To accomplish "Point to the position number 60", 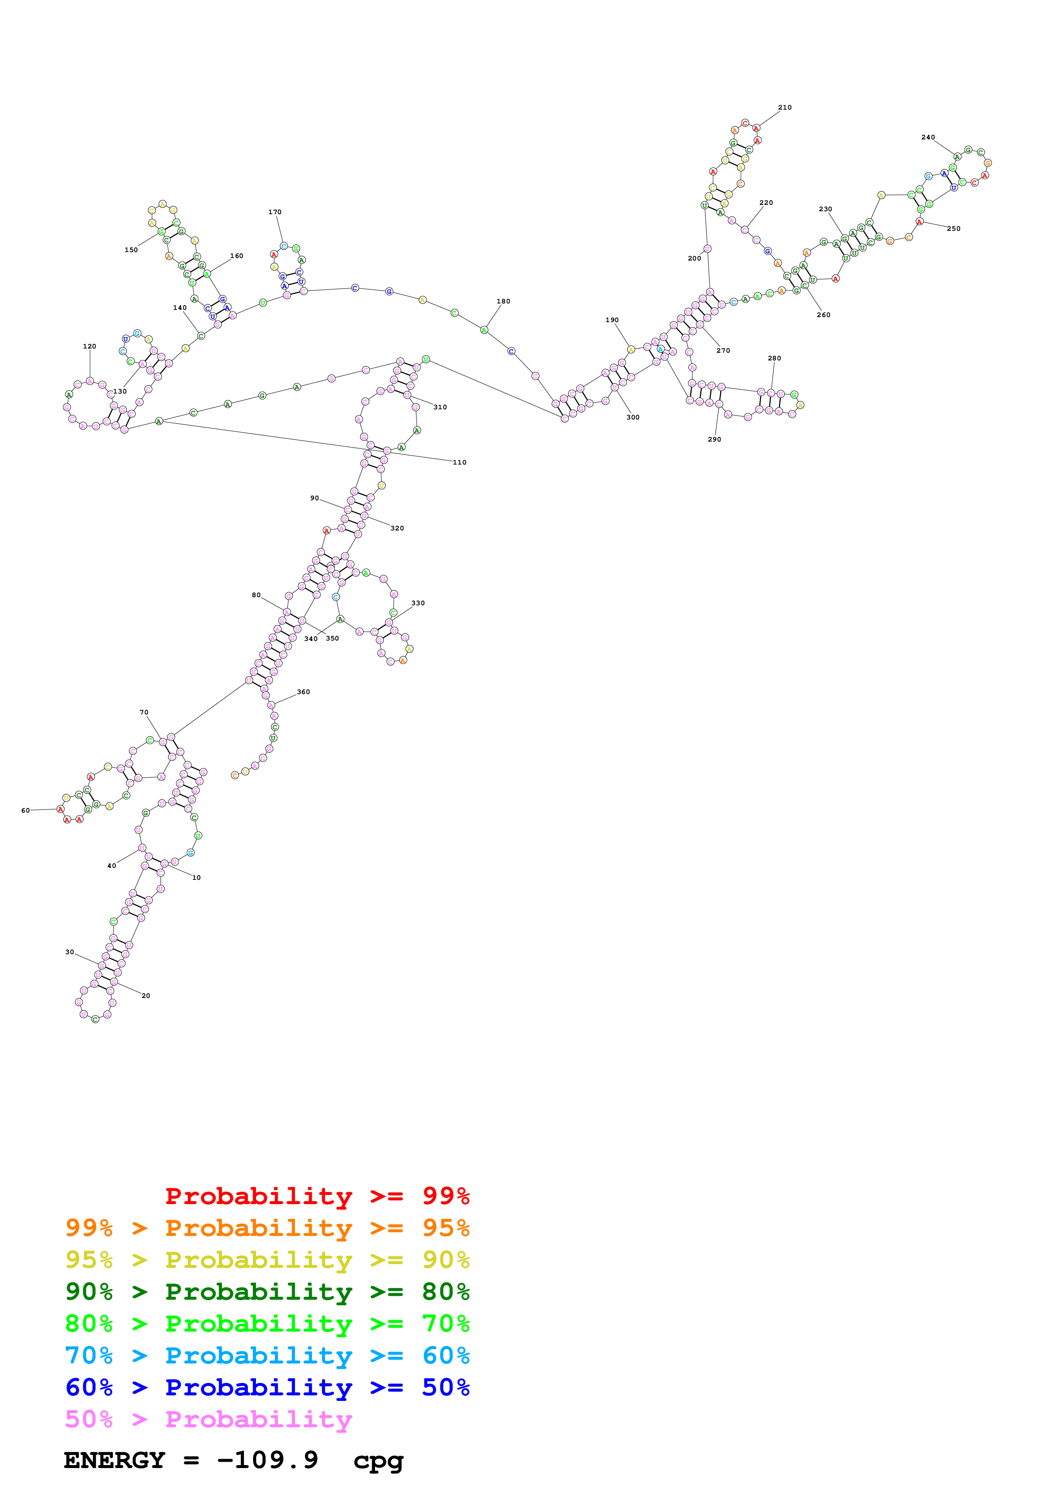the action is point(26,811).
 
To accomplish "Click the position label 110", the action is point(460,462).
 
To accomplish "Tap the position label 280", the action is point(774,358).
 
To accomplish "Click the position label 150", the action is point(131,250).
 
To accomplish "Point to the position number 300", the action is point(633,417).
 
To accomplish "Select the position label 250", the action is point(953,229).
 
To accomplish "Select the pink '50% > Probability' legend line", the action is point(208,1419).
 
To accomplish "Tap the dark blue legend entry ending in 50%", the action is point(267,1387).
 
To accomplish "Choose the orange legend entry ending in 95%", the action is point(267,1228).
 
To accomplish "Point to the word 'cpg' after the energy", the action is point(378,1461).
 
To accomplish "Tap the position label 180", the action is point(503,301).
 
